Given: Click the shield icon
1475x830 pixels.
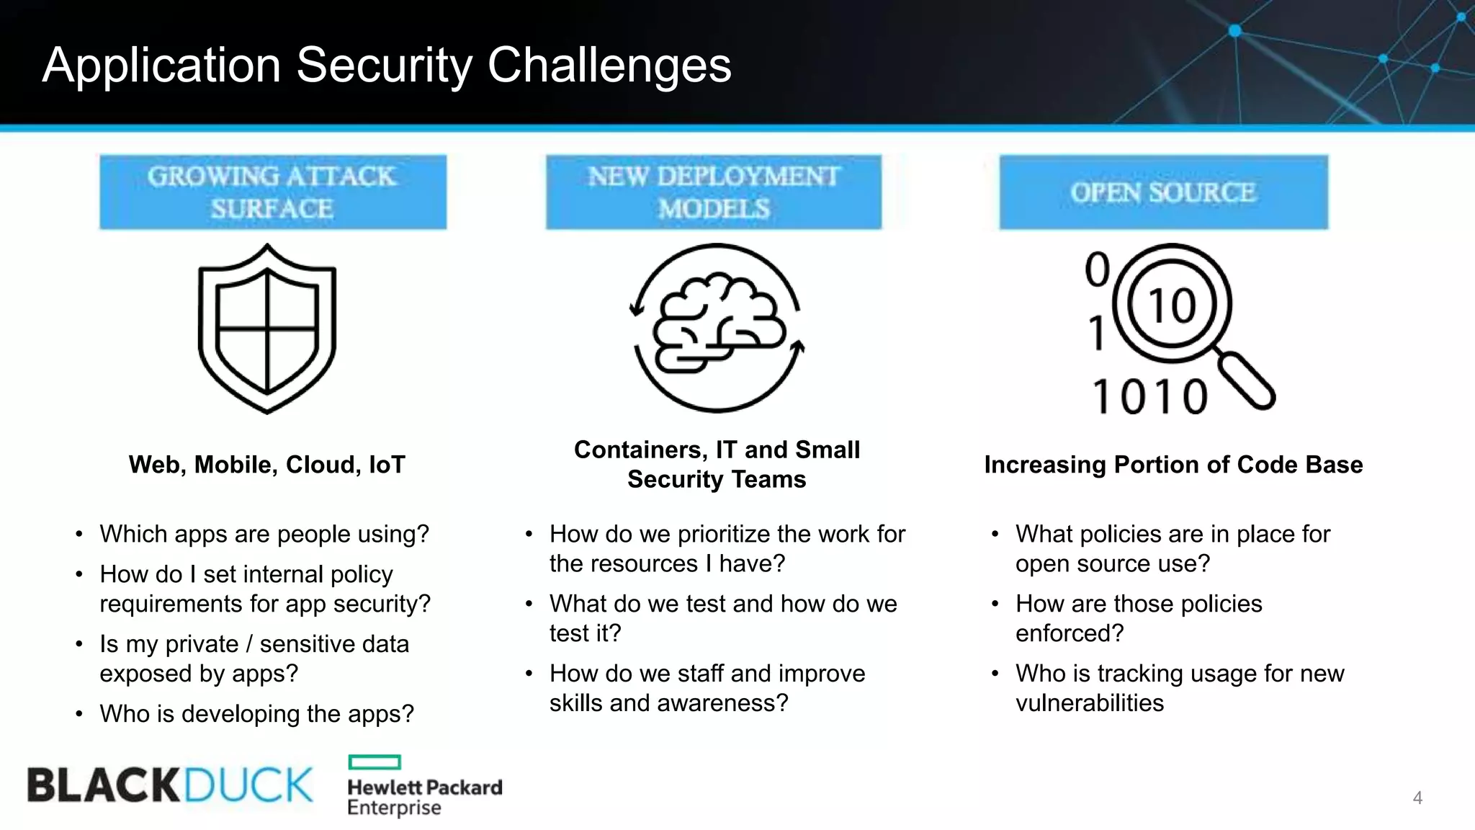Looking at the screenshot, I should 267,329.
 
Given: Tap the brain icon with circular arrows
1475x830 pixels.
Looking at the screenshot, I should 717,328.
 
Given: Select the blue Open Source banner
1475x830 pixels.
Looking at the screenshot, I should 1163,192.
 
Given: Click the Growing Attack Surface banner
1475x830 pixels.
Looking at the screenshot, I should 272,192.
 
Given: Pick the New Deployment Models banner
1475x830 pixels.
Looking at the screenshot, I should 713,192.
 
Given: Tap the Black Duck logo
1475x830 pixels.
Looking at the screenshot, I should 170,785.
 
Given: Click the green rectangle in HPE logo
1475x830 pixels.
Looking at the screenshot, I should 374,762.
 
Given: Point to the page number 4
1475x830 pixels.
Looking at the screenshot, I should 1417,798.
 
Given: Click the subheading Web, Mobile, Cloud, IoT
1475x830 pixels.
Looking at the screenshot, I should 266,465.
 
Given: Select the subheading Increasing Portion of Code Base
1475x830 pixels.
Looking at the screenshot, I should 1173,465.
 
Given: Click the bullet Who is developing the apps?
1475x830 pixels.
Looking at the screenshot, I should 256,714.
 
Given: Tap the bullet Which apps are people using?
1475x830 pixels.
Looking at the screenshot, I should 264,534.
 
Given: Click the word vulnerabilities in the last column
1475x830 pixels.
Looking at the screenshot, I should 1089,703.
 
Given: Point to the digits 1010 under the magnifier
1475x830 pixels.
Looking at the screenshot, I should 1149,396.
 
